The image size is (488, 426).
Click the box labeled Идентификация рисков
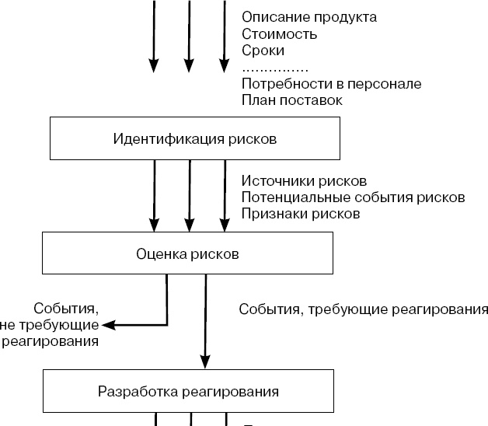pyautogui.click(x=193, y=138)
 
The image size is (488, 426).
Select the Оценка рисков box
pyautogui.click(x=187, y=254)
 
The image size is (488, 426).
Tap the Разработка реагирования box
pyautogui.click(x=188, y=391)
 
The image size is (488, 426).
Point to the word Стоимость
pyautogui.click(x=279, y=33)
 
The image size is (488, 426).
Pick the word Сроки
pyautogui.click(x=263, y=51)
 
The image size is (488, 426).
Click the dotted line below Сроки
pyautogui.click(x=275, y=68)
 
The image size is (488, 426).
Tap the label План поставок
pyautogui.click(x=292, y=100)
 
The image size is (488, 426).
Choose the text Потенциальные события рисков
pyautogui.click(x=353, y=197)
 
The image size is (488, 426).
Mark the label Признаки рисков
pyautogui.click(x=300, y=214)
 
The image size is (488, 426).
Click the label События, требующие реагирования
pyautogui.click(x=363, y=309)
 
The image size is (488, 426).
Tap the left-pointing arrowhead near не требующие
pyautogui.click(x=108, y=324)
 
